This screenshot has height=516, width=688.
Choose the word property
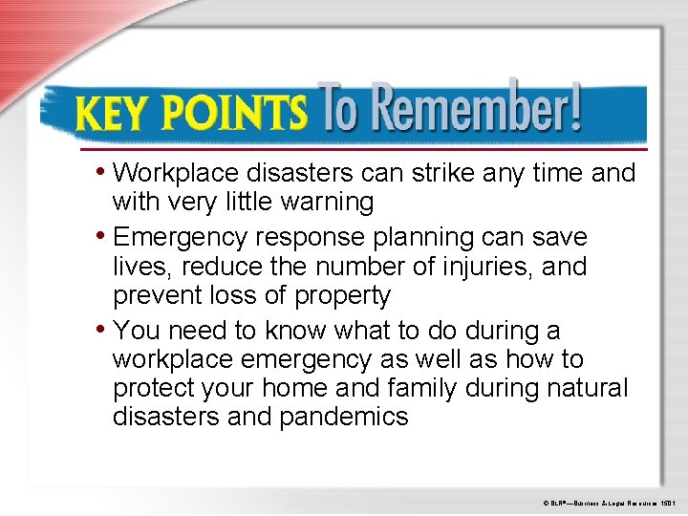tap(341, 296)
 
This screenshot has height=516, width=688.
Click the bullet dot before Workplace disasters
tap(101, 172)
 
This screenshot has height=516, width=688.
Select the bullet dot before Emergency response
tap(101, 235)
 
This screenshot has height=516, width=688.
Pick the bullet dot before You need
tap(101, 330)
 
